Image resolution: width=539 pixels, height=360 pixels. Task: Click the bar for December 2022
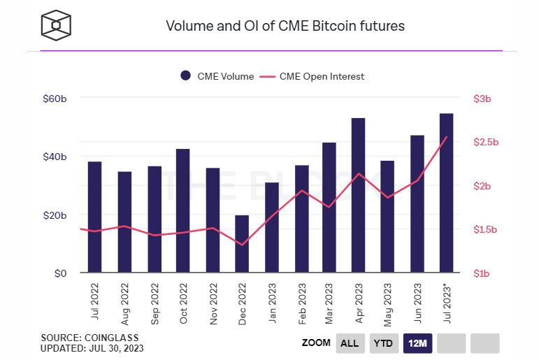tap(241, 244)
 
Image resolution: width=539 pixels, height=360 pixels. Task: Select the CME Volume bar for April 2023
tap(358, 195)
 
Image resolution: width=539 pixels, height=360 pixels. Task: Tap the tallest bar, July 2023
tap(446, 192)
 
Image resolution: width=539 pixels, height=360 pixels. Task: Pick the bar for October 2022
tap(182, 210)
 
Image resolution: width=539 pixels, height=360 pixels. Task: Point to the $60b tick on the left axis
tap(55, 99)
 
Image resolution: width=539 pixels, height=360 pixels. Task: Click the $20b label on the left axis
tap(55, 215)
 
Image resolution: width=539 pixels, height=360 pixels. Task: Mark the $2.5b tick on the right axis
tap(487, 143)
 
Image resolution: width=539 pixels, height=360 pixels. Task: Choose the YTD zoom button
tap(382, 343)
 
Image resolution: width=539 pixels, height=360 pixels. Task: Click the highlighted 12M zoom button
tap(417, 343)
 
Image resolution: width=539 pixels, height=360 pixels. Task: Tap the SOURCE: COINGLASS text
tap(90, 338)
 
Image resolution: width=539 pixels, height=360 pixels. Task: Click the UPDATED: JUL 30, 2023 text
tap(92, 348)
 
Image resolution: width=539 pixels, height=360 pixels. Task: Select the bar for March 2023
tap(329, 208)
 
